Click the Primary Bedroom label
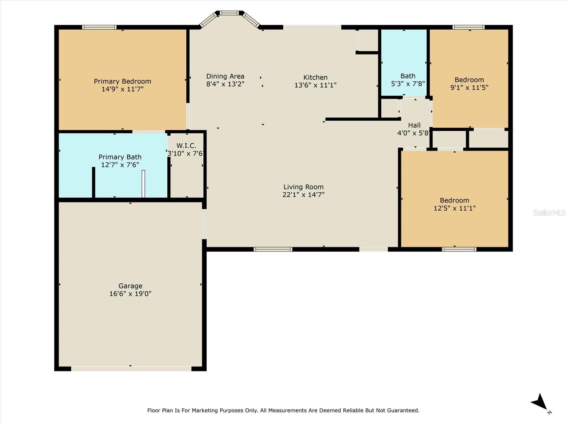click(123, 81)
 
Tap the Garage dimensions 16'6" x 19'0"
click(130, 294)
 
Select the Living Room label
click(303, 187)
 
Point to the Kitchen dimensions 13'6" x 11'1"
click(315, 85)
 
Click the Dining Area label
click(225, 76)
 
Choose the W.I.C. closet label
click(186, 146)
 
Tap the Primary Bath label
click(120, 157)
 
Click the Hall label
click(414, 125)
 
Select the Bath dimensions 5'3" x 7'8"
click(408, 84)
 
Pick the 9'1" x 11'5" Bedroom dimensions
click(469, 87)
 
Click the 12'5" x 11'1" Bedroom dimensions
click(455, 208)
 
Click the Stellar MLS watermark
click(549, 212)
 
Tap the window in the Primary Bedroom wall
click(99, 27)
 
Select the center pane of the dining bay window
click(229, 13)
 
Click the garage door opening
click(131, 368)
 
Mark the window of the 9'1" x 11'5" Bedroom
click(468, 27)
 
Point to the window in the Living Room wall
click(273, 249)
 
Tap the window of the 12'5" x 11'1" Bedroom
click(459, 249)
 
